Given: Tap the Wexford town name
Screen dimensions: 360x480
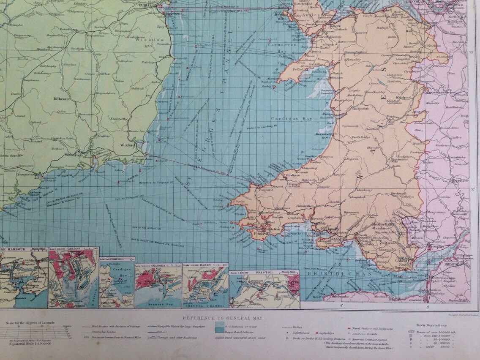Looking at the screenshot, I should pyautogui.click(x=129, y=145).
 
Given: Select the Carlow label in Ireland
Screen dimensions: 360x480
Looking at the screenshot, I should pyautogui.click(x=105, y=74).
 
